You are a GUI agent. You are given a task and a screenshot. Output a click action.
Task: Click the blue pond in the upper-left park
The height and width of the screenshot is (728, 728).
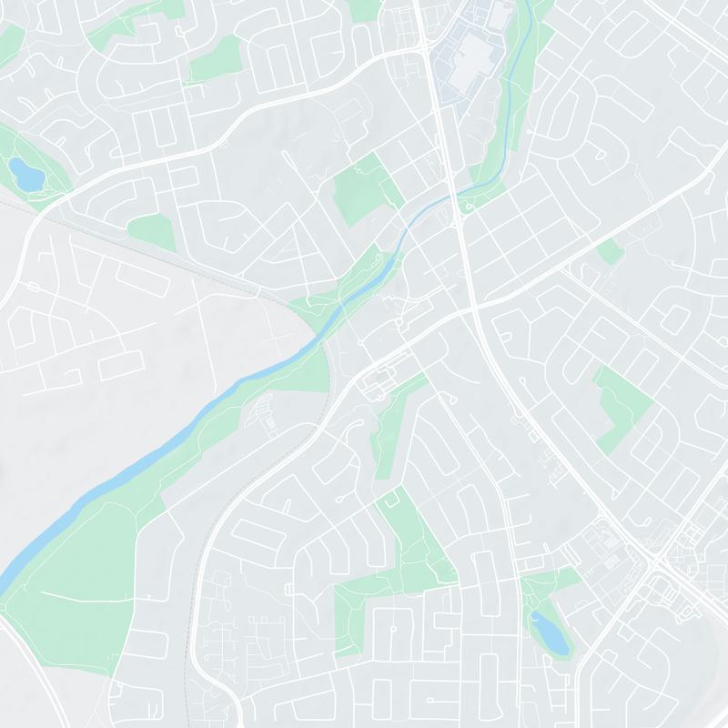25,173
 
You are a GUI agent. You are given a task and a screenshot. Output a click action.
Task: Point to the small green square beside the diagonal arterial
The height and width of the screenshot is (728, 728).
611,252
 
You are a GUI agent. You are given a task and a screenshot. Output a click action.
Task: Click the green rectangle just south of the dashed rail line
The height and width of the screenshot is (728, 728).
152,233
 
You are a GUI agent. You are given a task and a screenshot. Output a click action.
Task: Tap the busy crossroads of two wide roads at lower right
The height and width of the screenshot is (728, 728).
658,561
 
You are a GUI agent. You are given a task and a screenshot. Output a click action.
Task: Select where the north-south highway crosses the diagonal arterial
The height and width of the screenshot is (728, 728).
475,310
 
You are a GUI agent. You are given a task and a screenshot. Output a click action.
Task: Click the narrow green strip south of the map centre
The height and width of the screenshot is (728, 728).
391,428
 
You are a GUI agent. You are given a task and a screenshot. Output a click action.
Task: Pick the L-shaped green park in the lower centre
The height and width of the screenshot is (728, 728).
400,582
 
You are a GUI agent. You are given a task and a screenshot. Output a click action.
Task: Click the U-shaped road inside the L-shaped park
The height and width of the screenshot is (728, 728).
392,500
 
